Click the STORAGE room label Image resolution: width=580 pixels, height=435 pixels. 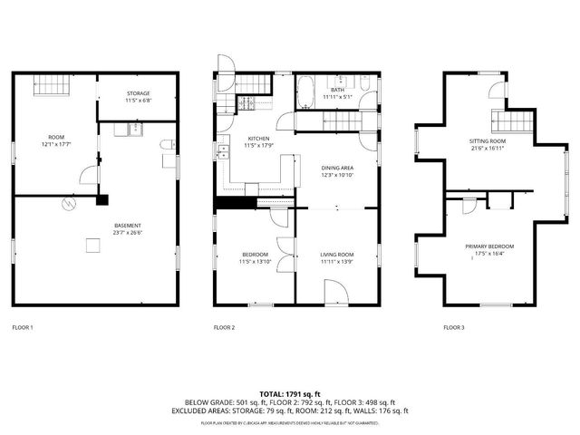coord(139,93)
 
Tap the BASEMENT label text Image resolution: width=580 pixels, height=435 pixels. coord(127,225)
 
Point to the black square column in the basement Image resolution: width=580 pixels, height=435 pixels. coord(104,200)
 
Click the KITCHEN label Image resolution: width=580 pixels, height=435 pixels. coord(258,139)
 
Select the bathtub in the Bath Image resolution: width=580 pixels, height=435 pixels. coord(306,93)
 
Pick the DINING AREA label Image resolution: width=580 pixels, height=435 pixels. coord(337,168)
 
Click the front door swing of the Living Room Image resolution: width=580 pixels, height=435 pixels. coord(334,292)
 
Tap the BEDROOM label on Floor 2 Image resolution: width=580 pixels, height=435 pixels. coord(255,255)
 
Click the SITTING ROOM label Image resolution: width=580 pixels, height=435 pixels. coord(487,141)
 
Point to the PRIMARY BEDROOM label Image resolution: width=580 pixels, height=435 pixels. coord(489,246)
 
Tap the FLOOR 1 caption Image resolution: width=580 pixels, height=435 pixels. coord(23,327)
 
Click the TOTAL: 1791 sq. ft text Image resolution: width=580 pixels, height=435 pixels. coord(290,393)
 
